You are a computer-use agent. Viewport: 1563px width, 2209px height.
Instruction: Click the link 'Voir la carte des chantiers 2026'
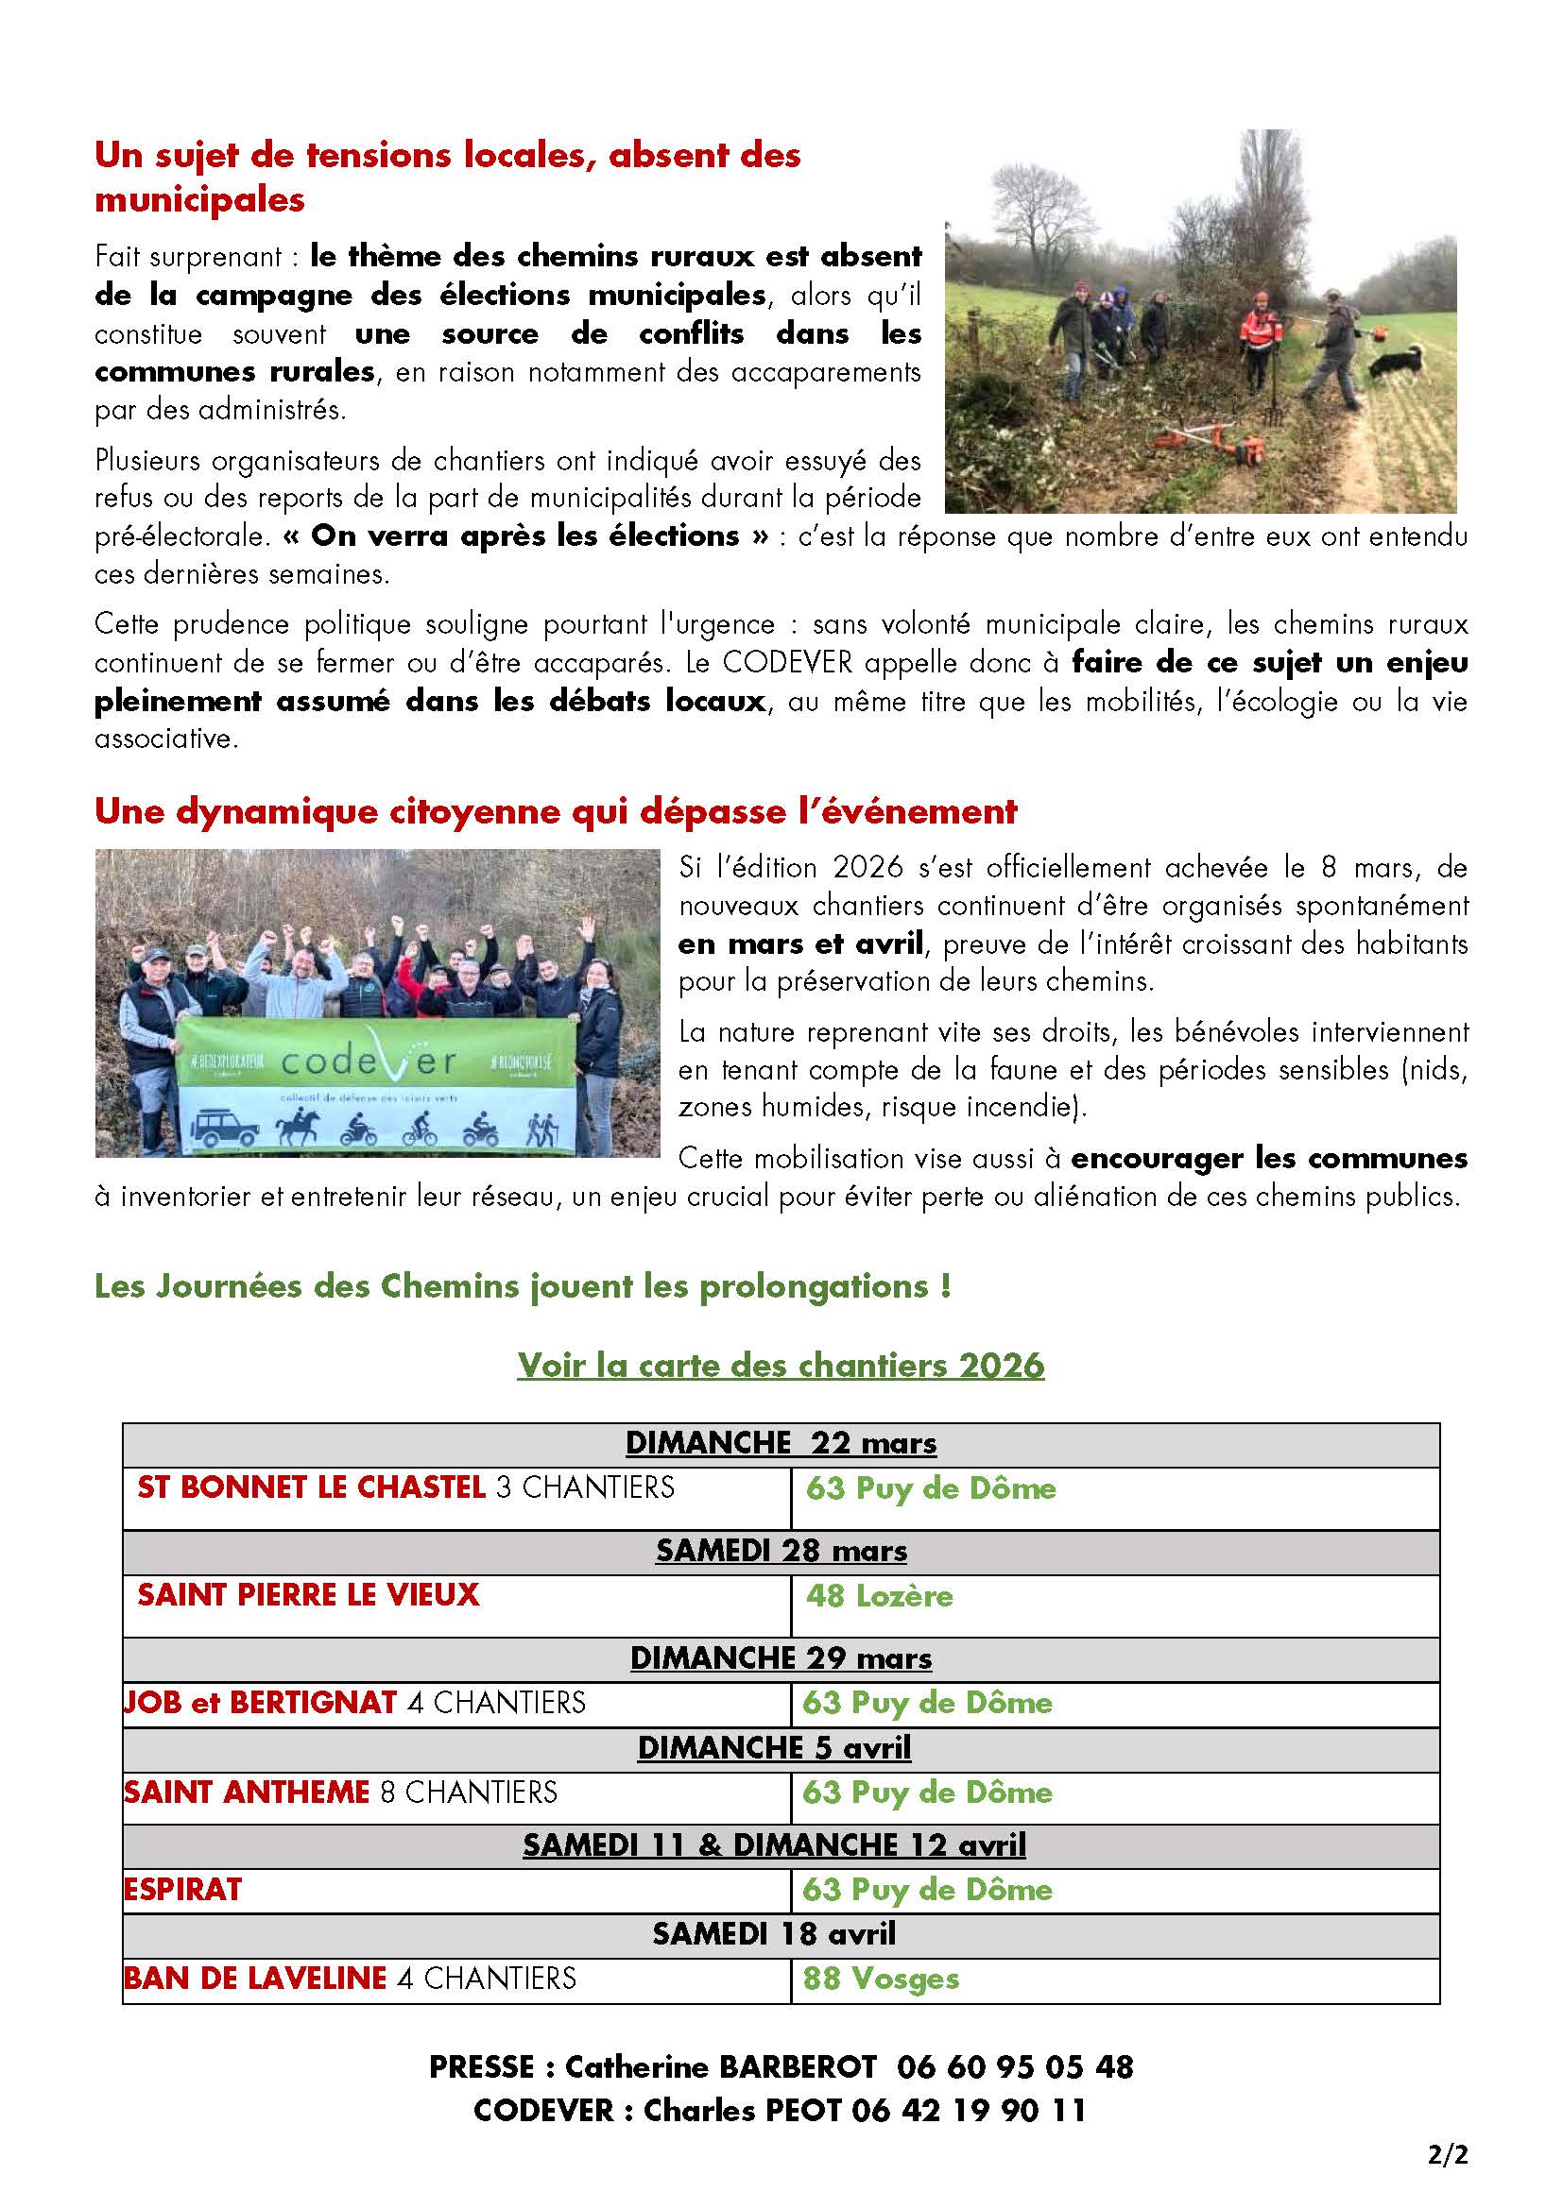pos(781,1365)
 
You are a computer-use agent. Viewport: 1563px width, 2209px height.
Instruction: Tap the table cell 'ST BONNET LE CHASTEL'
pos(311,1487)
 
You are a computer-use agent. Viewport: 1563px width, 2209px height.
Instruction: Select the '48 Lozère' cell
pos(879,1595)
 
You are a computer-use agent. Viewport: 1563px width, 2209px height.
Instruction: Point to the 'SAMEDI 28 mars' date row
pos(781,1550)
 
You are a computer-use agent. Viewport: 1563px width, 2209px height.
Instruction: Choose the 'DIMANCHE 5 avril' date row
pos(774,1747)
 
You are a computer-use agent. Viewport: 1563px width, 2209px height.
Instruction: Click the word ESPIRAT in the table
pos(183,1889)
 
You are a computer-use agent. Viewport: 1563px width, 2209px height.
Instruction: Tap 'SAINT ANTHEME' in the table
pos(248,1792)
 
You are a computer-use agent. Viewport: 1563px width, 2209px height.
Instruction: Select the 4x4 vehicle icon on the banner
pos(227,1127)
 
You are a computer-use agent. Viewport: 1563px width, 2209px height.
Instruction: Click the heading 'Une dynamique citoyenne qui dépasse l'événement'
pos(556,811)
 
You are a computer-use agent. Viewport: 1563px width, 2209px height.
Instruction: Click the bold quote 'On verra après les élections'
pos(525,535)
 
